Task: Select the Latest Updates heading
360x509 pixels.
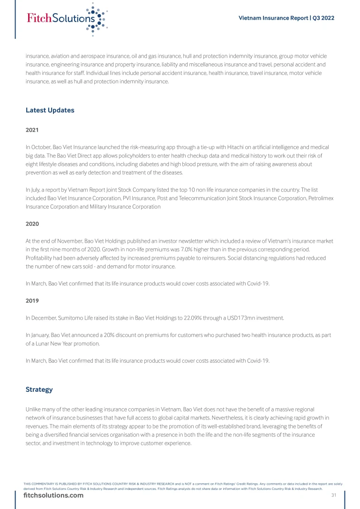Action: tap(50, 111)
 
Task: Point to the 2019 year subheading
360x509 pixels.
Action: tap(32, 300)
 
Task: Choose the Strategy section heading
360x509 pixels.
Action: tap(39, 389)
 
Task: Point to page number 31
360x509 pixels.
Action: tap(334, 495)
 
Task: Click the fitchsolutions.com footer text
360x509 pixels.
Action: tap(53, 495)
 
